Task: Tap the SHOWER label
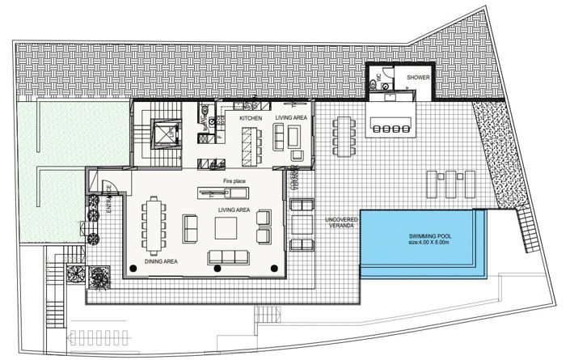click(x=418, y=78)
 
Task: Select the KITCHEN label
click(x=251, y=118)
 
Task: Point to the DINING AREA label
click(x=162, y=262)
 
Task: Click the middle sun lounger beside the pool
click(x=449, y=184)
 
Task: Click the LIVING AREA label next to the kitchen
click(x=291, y=118)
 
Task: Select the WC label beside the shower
click(x=376, y=78)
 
